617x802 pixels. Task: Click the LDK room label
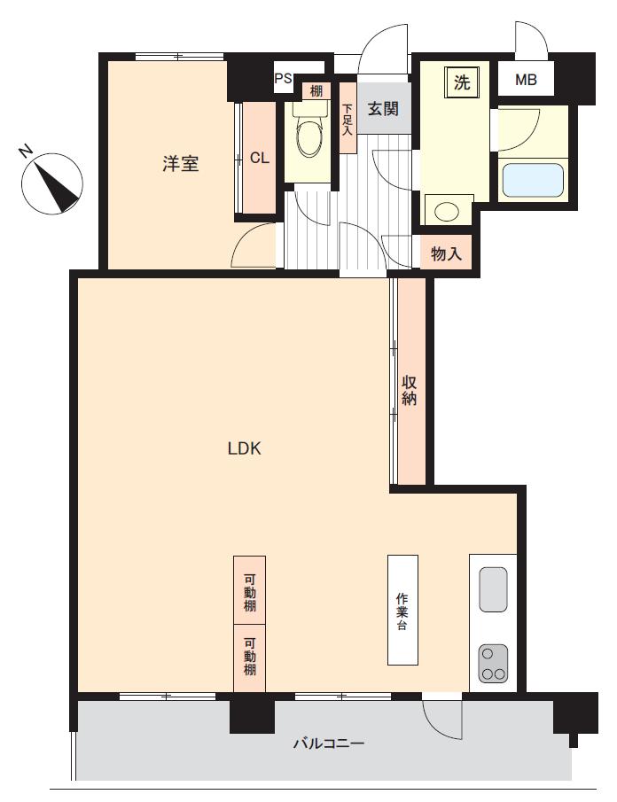244,448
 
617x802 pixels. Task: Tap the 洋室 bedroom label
180,164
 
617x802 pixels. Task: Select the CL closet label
260,158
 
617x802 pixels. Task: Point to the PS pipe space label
284,78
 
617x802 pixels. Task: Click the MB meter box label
526,80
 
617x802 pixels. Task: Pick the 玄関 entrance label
383,109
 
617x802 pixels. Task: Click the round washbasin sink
447,211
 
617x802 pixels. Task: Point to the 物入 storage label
446,253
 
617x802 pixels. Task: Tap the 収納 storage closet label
409,390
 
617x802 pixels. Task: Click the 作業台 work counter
402,610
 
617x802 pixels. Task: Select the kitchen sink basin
493,589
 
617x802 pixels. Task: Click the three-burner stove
493,663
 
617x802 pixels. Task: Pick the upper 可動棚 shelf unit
250,589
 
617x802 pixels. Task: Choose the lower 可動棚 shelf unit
250,658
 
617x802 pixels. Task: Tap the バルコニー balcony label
329,744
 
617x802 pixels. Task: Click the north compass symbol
51,183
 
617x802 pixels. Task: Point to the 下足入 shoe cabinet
348,118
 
